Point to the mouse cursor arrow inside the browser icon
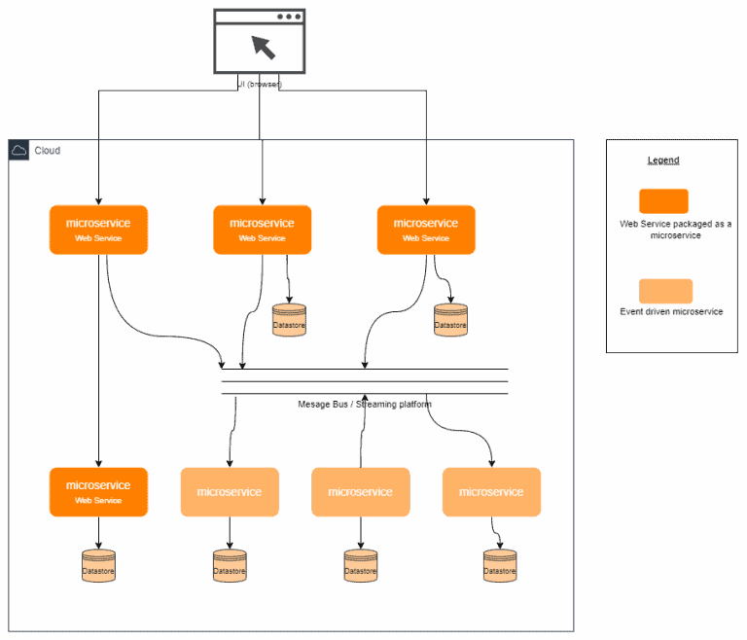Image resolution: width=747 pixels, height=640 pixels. (x=263, y=47)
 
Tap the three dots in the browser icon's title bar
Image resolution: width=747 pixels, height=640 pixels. (x=290, y=17)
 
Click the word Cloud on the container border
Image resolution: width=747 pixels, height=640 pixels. (x=47, y=151)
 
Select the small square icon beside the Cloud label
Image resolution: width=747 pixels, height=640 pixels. (x=18, y=150)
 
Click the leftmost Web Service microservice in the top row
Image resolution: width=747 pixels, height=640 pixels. (x=98, y=230)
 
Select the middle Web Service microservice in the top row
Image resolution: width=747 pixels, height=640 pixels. (x=262, y=230)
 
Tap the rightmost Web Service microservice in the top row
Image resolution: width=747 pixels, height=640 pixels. (x=426, y=230)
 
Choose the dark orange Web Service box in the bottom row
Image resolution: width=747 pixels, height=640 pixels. (x=98, y=491)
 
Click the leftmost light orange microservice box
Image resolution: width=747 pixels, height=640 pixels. (x=230, y=491)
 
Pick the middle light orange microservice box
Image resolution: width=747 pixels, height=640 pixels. (x=361, y=491)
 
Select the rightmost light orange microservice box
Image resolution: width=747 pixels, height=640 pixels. (x=491, y=491)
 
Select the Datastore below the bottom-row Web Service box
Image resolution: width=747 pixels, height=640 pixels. (x=98, y=567)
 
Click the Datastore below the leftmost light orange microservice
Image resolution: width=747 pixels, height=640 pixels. (x=230, y=567)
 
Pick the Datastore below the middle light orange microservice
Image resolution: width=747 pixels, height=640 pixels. (x=361, y=567)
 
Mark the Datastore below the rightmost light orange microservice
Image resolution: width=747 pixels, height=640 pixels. (x=500, y=567)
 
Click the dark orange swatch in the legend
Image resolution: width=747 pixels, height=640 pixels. (x=664, y=200)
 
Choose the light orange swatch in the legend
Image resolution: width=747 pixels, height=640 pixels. (x=665, y=291)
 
